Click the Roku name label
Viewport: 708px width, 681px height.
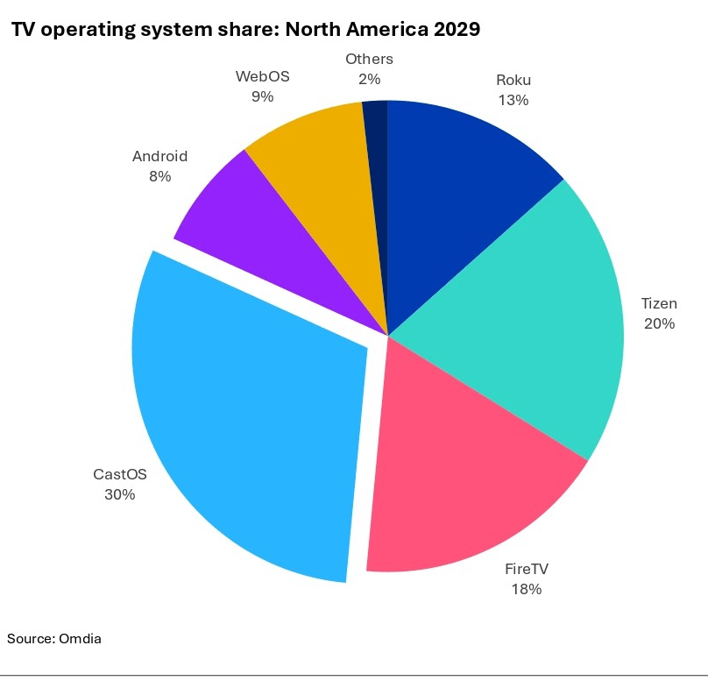tap(513, 81)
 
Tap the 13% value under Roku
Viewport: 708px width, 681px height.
tap(513, 100)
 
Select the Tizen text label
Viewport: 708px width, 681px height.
tap(659, 304)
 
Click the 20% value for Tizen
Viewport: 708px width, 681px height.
tap(659, 323)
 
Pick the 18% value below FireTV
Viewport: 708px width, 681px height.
tap(527, 589)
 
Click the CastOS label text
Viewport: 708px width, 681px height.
tap(120, 475)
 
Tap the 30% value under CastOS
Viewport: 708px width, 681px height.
tap(120, 494)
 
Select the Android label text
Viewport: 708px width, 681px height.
tap(160, 157)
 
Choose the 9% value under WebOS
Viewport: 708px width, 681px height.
tap(262, 96)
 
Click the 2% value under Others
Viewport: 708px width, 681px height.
tap(369, 79)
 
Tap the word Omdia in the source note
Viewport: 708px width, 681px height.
tap(80, 639)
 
